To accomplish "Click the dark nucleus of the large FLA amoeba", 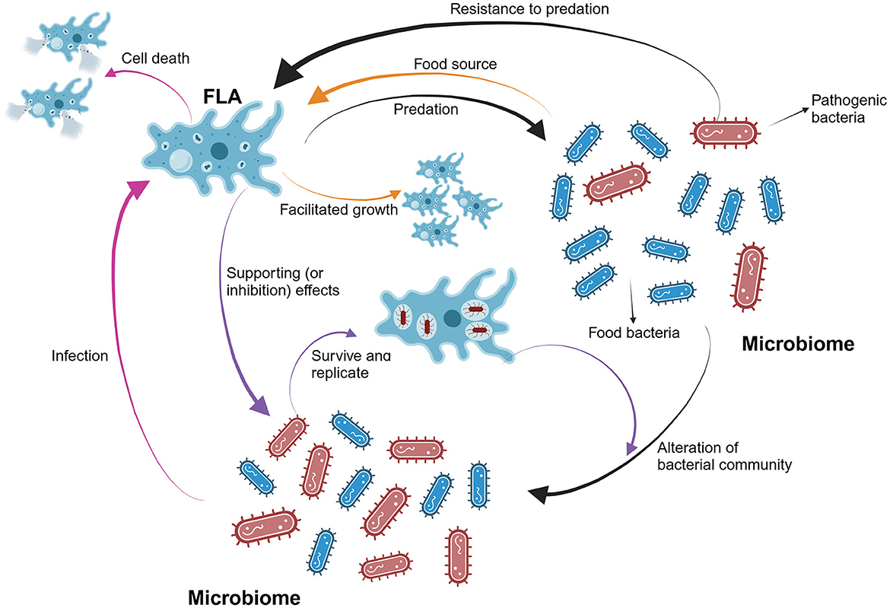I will tap(221, 149).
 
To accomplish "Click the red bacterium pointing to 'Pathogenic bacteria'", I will tap(728, 132).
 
